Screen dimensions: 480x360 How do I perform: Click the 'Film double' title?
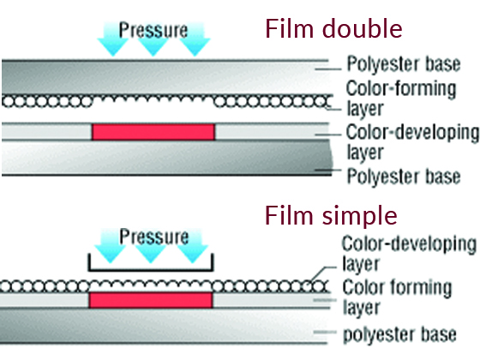tap(333, 28)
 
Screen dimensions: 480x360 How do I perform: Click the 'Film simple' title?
tap(331, 217)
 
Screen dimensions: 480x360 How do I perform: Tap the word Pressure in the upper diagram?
tap(153, 30)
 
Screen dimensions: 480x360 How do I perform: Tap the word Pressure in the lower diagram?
tap(154, 237)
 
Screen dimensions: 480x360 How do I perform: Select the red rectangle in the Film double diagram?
tap(153, 132)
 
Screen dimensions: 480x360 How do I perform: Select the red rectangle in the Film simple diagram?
tap(151, 300)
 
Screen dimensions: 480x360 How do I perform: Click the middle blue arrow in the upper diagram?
tap(153, 39)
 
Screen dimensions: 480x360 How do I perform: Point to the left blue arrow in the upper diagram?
tap(112, 39)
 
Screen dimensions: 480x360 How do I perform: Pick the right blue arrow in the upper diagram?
tap(195, 39)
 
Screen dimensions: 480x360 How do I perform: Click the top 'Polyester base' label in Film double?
tap(404, 65)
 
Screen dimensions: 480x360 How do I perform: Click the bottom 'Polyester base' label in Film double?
tap(404, 177)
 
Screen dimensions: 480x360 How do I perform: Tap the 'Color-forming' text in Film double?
tap(401, 89)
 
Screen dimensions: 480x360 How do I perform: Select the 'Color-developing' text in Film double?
tap(412, 133)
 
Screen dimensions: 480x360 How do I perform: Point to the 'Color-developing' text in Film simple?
tap(409, 244)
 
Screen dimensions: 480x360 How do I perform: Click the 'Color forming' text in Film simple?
tap(397, 288)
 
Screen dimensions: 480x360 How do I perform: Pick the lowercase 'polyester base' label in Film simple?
tap(399, 335)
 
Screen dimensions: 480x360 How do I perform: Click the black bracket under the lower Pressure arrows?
tap(151, 270)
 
